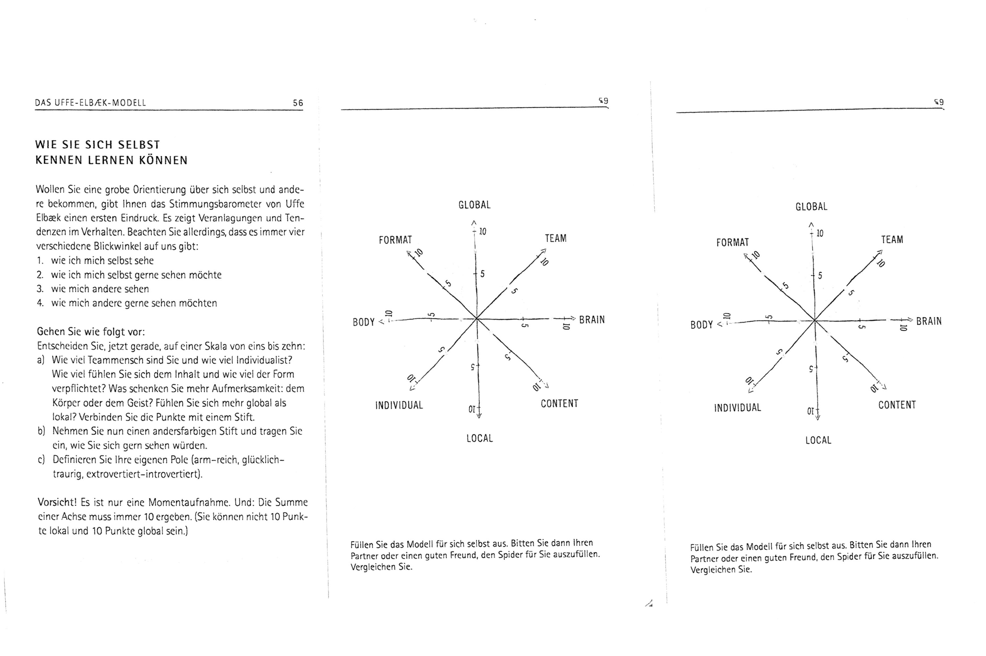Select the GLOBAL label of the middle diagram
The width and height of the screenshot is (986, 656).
point(474,205)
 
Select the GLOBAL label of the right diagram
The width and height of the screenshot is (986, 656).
point(811,207)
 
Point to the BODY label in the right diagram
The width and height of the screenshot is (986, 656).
point(701,325)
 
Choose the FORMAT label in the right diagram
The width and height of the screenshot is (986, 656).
point(733,243)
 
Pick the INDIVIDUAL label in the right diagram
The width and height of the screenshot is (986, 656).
point(737,407)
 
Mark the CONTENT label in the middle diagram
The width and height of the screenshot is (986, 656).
point(559,404)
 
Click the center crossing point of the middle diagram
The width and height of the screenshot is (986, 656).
point(477,319)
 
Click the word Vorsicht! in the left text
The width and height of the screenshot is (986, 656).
point(56,502)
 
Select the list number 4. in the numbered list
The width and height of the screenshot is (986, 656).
point(40,303)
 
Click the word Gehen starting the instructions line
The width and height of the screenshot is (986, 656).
point(49,332)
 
